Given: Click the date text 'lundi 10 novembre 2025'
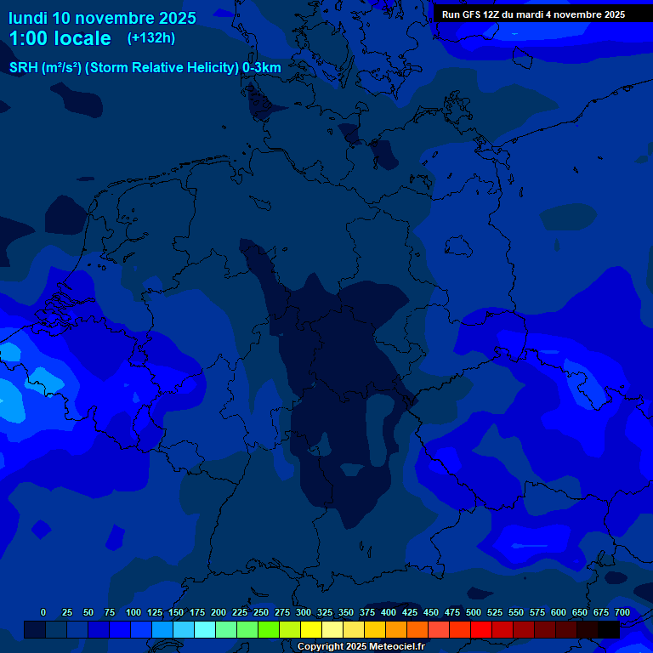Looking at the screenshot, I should coord(102,18).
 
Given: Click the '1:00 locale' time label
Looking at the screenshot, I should coord(60,38).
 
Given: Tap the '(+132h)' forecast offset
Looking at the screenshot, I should coord(151,37).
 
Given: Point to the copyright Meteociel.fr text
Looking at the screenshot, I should coord(361,646).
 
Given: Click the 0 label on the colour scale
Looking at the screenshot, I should coord(43,612).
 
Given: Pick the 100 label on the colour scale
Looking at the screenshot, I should coord(133,612).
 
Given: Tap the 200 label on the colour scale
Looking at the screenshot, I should coord(219,612).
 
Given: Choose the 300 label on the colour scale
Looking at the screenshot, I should coord(304,612).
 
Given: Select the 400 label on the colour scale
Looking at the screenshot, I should coord(389,612).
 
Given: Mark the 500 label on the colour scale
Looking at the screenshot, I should coord(474,612).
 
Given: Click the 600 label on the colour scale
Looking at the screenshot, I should coord(559,612).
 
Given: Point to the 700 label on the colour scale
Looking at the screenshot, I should coord(622,612).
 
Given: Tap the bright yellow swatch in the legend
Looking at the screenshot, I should coord(311,630).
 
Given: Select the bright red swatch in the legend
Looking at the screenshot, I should coord(481,630).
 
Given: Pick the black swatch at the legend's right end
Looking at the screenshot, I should coord(609,630).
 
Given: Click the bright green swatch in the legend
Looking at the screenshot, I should coord(269,630).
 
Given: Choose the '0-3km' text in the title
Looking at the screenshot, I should coord(262,68).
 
